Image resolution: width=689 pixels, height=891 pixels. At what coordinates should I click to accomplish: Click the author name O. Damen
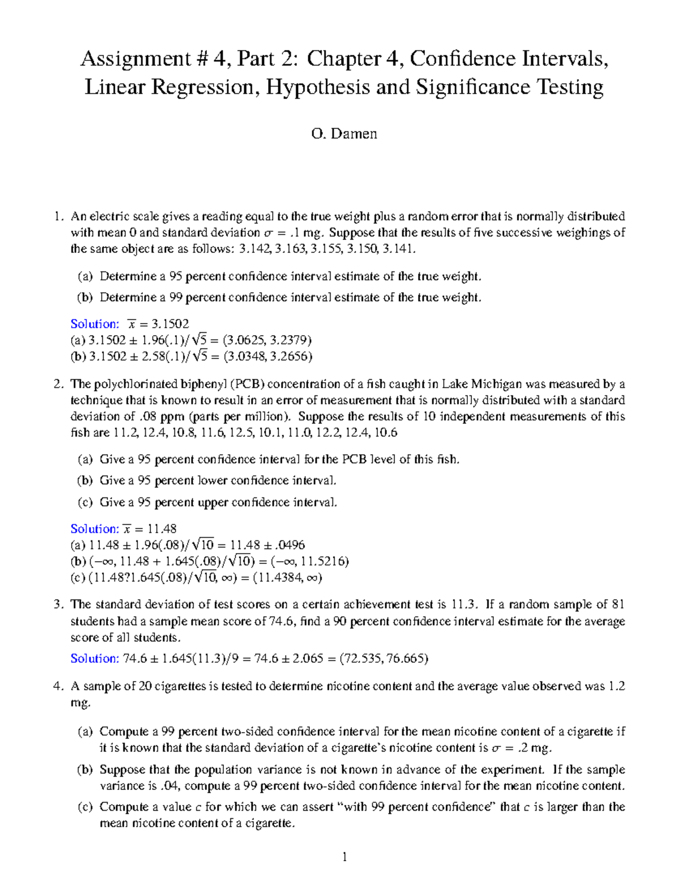tap(344, 134)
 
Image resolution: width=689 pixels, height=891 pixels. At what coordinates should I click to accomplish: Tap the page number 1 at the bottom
tap(344, 858)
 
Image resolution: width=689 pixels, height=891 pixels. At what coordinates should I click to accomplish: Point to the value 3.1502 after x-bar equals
tap(170, 324)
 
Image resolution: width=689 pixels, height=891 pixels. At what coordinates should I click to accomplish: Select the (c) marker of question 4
tap(85, 807)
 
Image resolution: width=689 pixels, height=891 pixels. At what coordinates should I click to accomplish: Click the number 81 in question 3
tap(618, 604)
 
